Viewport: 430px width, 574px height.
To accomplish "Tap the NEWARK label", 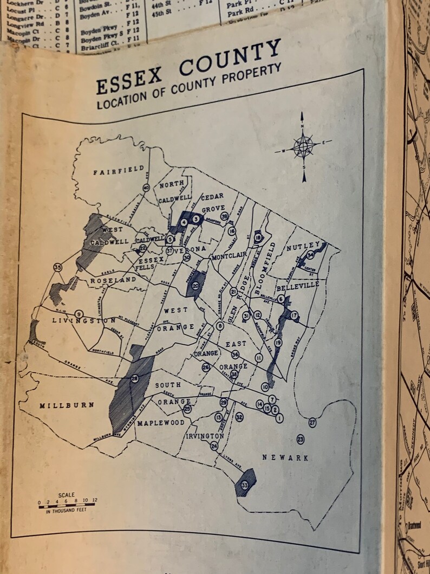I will (285, 458).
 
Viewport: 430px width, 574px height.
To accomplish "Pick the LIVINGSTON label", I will (84, 321).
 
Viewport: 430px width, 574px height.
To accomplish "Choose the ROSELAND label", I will (113, 280).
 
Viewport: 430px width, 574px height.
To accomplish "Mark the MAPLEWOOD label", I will (161, 422).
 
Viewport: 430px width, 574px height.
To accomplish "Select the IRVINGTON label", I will (205, 436).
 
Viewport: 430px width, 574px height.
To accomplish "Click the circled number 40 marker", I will (146, 188).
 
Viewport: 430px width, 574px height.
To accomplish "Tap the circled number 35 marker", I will (57, 267).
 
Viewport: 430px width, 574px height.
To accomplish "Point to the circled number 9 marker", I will (79, 314).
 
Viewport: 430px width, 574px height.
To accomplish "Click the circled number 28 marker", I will (134, 378).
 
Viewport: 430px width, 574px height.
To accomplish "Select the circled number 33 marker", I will (245, 485).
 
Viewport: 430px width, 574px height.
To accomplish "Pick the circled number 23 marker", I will (301, 439).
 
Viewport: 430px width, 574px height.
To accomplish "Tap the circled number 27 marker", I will (312, 422).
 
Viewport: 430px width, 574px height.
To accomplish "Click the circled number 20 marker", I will (196, 286).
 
